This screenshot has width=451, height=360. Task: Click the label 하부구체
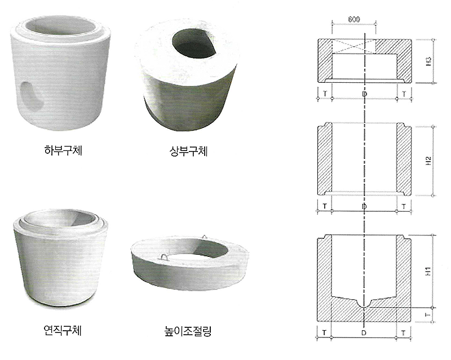(x=63, y=150)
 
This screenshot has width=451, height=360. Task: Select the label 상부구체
(x=189, y=151)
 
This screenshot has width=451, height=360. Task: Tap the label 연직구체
(x=63, y=329)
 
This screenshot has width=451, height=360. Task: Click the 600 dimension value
(x=354, y=20)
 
